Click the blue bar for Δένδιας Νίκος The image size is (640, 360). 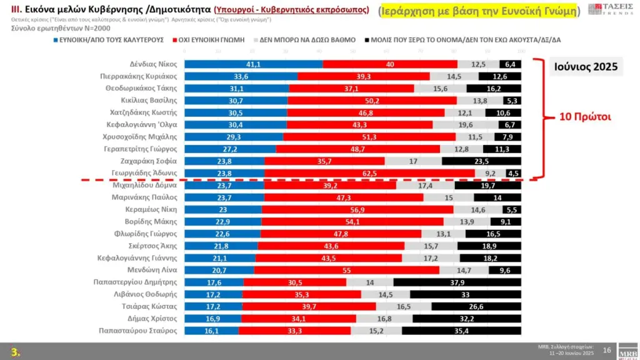(253, 64)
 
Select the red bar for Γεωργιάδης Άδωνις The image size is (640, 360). (369, 173)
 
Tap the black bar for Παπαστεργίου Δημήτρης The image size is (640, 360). (457, 282)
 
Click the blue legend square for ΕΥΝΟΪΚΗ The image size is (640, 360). (56, 39)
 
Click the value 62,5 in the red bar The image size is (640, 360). (369, 173)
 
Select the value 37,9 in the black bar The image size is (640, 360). (457, 282)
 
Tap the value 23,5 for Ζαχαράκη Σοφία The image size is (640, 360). (481, 161)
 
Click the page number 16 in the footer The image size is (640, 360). (606, 351)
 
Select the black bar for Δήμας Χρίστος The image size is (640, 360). (467, 318)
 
